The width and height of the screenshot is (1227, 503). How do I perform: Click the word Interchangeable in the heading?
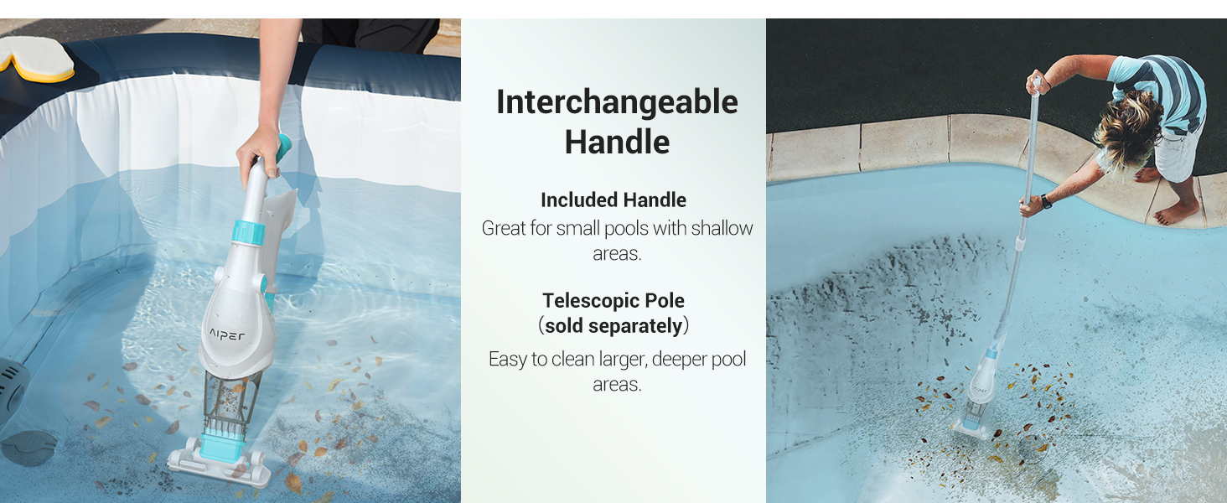pyautogui.click(x=617, y=102)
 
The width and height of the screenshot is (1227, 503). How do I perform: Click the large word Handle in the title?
pyautogui.click(x=617, y=142)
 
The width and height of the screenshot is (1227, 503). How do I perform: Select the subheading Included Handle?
pyautogui.click(x=613, y=200)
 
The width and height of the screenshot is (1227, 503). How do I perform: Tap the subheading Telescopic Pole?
pyautogui.click(x=613, y=300)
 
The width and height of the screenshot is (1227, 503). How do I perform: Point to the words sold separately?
pyautogui.click(x=613, y=326)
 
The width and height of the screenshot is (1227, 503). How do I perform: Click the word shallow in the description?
pyautogui.click(x=722, y=229)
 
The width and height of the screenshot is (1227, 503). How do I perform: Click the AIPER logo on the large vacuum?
pyautogui.click(x=227, y=334)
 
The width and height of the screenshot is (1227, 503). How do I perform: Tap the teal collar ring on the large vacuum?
pyautogui.click(x=248, y=231)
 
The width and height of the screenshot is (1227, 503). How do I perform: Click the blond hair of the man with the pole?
pyautogui.click(x=1128, y=129)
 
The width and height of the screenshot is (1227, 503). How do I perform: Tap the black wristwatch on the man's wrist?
pyautogui.click(x=1046, y=202)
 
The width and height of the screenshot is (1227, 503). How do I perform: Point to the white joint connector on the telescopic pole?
pyautogui.click(x=1020, y=244)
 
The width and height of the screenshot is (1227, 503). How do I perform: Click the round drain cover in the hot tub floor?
pyautogui.click(x=28, y=449)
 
